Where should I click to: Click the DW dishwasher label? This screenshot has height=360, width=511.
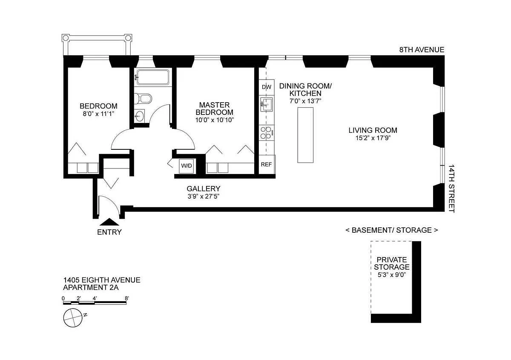tap(267, 87)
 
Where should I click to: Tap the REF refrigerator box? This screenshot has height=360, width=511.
tap(267, 164)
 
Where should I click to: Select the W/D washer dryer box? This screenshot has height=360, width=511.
tap(187, 166)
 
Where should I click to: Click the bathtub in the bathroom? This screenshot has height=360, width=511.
tap(152, 77)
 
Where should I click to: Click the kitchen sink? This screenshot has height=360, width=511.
tap(267, 105)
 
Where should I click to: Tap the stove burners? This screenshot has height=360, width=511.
tap(267, 133)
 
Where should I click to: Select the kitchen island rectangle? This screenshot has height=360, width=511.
tap(305, 135)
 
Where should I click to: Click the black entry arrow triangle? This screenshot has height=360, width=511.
tap(109, 222)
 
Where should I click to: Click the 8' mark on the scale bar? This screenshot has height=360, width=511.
tap(127, 298)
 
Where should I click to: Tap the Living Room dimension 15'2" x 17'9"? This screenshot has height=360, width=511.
tap(373, 138)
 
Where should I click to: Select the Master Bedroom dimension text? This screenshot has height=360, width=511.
tap(215, 120)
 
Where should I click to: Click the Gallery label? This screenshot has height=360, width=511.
tap(204, 189)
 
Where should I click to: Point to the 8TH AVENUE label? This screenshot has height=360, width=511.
tap(422, 50)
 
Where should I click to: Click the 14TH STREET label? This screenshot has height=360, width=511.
tap(452, 189)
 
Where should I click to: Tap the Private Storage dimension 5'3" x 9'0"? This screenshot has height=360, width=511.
tap(392, 275)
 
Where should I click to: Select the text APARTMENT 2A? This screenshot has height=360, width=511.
tap(91, 288)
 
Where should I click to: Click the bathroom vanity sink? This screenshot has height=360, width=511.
tap(139, 116)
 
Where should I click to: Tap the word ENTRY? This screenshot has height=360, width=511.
tap(109, 232)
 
